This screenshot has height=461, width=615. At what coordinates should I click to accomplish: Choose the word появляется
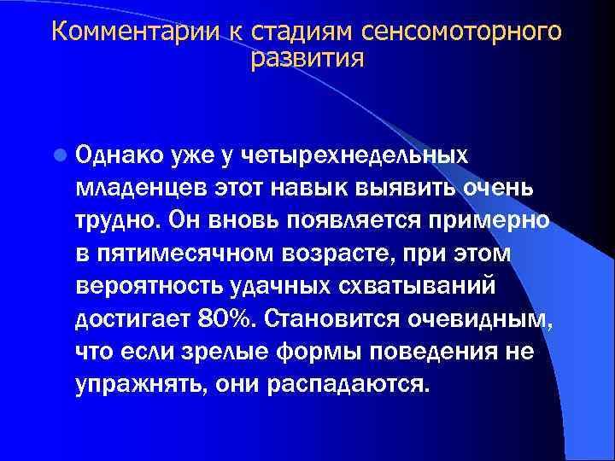[x=352, y=219]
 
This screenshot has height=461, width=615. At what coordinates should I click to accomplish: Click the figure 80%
[x=227, y=317]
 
